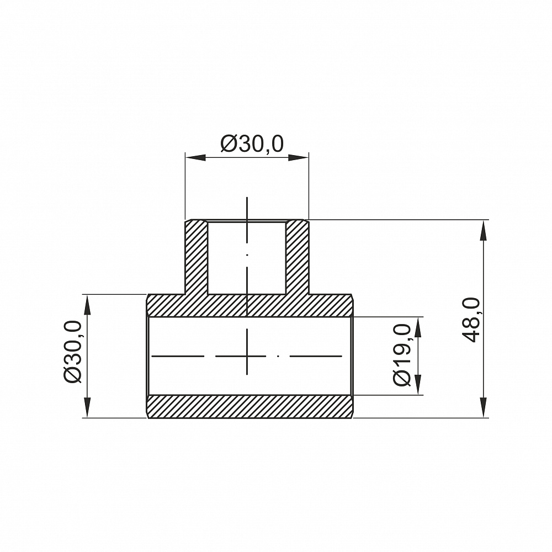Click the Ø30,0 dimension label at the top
coord(252,144)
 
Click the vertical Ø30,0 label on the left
coord(73,352)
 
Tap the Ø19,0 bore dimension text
coord(402,355)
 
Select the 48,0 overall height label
coord(471,320)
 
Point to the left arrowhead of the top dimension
coord(195,157)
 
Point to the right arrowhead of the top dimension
coord(299,157)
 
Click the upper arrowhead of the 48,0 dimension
coord(484,230)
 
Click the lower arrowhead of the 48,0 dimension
coord(484,407)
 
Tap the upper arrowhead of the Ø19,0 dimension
coord(418,327)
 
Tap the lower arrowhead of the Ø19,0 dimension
coord(418,384)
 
